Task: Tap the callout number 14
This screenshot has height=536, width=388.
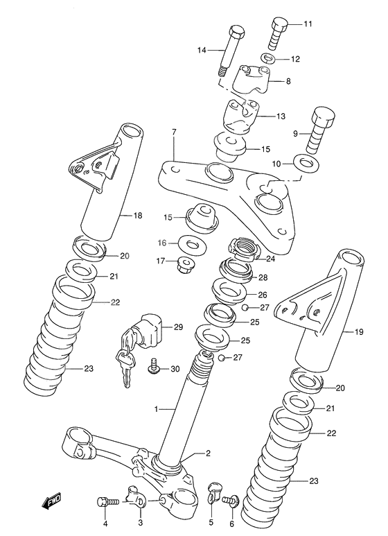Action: [x=202, y=49]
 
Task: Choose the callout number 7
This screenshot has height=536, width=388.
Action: [x=174, y=132]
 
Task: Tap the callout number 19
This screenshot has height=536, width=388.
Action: [x=360, y=332]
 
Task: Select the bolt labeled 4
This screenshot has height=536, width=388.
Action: [x=105, y=501]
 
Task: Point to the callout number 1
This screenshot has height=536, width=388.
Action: [x=157, y=409]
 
